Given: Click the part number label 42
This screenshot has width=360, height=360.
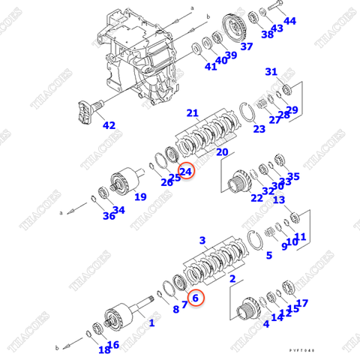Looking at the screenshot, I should coord(109,125).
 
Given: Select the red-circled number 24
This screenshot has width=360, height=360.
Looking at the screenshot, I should coord(186,172).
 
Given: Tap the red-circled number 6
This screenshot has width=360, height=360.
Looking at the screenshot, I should coord(194,298).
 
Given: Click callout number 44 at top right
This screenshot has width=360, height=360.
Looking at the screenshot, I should coord(289,21).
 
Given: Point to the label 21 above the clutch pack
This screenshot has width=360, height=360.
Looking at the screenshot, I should coord(193,113).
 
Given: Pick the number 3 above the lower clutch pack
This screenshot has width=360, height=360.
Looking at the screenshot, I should coord(202,240).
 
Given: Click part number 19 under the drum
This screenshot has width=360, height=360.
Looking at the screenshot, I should coord(139,197).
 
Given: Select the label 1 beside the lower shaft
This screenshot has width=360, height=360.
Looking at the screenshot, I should coord(151,323).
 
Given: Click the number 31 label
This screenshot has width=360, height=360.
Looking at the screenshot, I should coord(271,72).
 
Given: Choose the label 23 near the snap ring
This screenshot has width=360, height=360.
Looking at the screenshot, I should coord(259,129).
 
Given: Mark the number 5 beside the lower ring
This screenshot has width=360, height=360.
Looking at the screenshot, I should coord(268,256).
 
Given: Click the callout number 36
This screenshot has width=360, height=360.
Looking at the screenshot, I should coord(88,216).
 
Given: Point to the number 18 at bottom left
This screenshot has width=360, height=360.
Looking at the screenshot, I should coord(103,349).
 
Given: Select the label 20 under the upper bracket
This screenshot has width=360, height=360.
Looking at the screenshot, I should coord(222,152).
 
